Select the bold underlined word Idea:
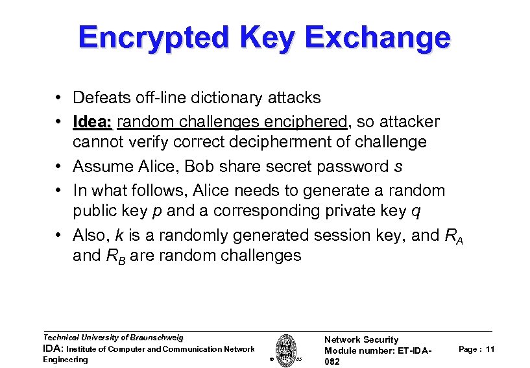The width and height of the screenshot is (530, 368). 93,122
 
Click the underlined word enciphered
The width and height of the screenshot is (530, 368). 300,122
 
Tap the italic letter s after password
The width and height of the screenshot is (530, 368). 398,166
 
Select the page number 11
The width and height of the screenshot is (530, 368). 490,349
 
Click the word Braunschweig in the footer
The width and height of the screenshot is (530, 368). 154,337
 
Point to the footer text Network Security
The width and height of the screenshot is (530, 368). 361,339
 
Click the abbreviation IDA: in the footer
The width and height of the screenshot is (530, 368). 53,349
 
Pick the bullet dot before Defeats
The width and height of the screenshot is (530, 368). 58,99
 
